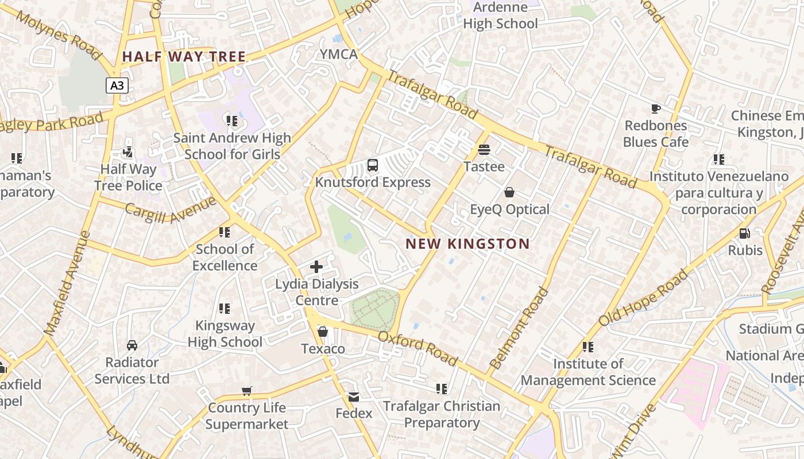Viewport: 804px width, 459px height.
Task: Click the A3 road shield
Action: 117,86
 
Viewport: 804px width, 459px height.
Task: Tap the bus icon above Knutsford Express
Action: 372,166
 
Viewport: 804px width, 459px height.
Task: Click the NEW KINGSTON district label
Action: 467,244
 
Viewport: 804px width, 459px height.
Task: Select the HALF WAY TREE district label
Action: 184,57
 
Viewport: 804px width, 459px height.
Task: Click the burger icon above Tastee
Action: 484,150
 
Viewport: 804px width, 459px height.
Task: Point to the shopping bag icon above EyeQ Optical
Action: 509,192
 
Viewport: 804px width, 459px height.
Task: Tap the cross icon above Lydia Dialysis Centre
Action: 316,267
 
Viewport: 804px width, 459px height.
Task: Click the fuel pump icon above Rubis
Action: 745,234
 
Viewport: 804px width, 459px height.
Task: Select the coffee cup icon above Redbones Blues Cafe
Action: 655,108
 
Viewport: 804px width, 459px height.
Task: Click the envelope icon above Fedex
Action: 353,396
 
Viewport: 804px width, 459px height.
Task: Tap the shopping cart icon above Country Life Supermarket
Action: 246,391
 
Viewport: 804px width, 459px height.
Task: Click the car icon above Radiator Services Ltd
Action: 132,345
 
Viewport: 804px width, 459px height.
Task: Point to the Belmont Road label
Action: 519,329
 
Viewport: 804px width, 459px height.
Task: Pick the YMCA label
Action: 339,55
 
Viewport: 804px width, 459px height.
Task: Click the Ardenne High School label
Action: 500,15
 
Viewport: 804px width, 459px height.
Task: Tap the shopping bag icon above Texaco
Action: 323,332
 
